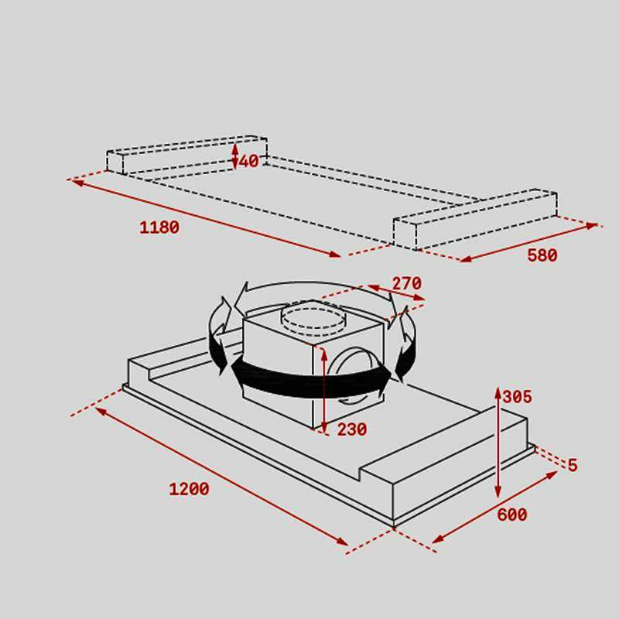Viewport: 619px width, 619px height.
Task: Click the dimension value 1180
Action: pos(159,227)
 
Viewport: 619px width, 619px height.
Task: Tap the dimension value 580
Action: pos(542,255)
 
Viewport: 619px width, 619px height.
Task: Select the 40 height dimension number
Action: pos(249,162)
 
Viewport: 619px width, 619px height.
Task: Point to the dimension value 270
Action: pos(406,283)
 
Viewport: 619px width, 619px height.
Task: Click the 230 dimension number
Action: pos(351,429)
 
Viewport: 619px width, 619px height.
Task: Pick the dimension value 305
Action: pos(517,397)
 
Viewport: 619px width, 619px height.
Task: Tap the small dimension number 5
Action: pos(573,465)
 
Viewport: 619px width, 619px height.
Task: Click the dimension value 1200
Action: pos(189,489)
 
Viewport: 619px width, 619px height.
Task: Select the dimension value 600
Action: pos(511,515)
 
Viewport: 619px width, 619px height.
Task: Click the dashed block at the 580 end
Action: pos(474,220)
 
